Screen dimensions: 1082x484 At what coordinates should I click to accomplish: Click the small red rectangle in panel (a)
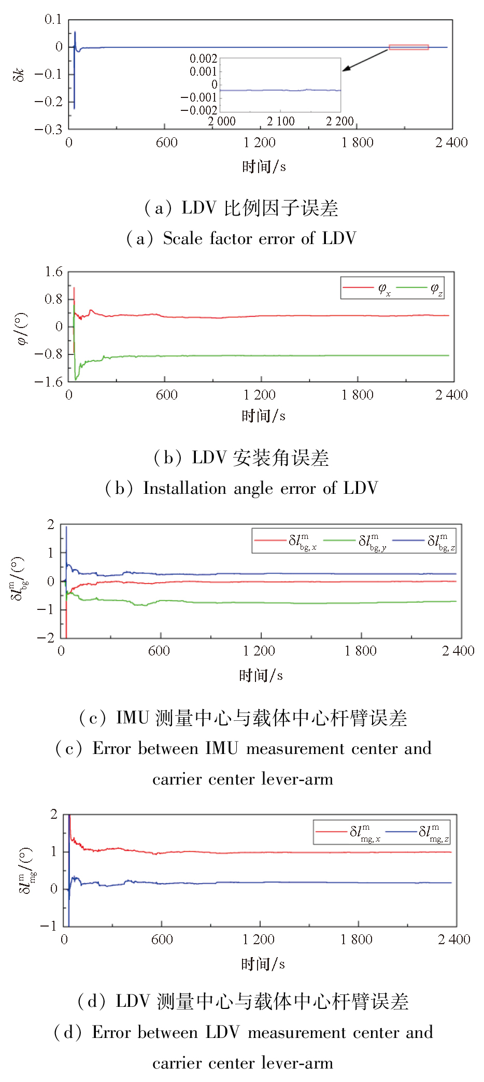408,47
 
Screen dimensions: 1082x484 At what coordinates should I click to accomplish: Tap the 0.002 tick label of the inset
203,59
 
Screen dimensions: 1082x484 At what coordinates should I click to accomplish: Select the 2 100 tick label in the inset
280,121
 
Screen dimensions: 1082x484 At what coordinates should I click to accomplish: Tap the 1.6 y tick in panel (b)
53,272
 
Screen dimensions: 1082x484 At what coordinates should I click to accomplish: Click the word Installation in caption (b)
184,488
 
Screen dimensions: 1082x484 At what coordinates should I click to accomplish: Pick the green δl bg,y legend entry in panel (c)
355,541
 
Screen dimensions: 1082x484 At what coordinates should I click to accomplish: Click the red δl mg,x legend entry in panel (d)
348,832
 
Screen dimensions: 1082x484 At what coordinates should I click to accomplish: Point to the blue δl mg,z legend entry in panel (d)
417,832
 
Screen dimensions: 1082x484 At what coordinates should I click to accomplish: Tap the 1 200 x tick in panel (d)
259,939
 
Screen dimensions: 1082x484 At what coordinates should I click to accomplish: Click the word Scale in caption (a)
182,238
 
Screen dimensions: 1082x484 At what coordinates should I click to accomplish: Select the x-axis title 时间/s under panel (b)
263,416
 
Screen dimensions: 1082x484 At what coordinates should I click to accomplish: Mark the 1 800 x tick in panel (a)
357,143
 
